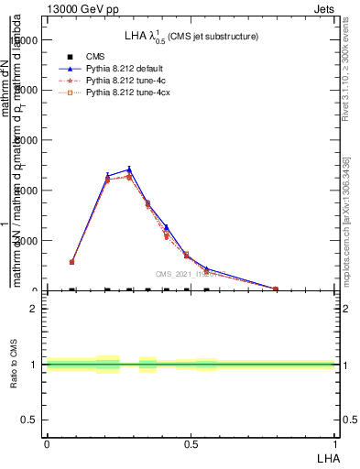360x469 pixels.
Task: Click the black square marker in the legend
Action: click(x=71, y=57)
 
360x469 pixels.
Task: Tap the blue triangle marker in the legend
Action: click(x=71, y=69)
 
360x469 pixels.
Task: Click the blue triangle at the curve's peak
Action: click(x=129, y=169)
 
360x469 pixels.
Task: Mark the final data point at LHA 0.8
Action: click(x=276, y=289)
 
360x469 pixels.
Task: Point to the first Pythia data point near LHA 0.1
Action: click(x=72, y=262)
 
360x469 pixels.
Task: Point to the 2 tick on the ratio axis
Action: click(x=34, y=309)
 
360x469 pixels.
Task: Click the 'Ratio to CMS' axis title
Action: click(x=15, y=365)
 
